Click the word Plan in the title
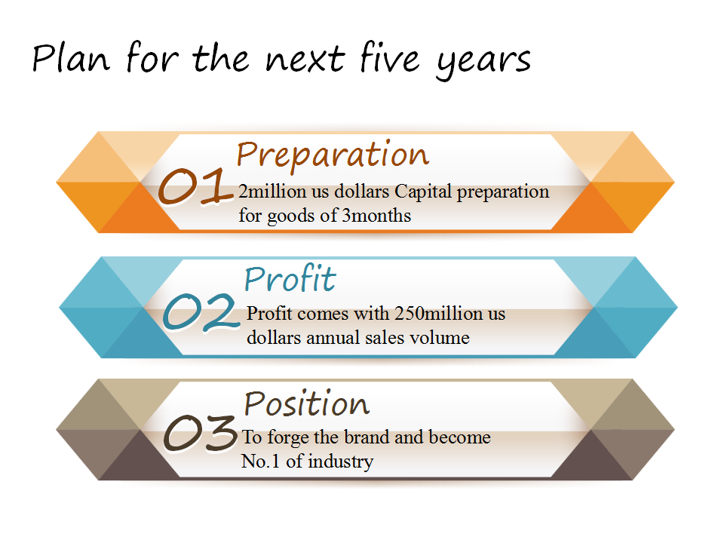tap(71, 58)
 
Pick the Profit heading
tap(290, 278)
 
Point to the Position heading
tap(307, 403)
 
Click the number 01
tap(195, 186)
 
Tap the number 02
tap(201, 311)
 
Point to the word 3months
tap(376, 216)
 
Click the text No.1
tap(260, 462)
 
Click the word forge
tap(289, 438)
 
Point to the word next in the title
tap(305, 60)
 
